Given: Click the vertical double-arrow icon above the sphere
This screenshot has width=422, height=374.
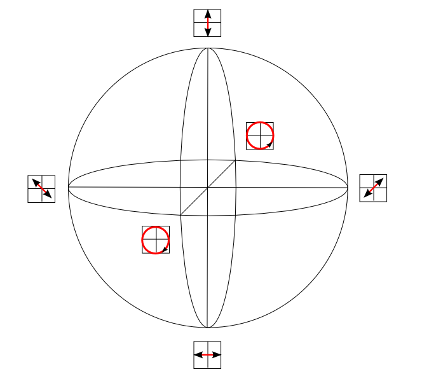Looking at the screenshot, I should (208, 23).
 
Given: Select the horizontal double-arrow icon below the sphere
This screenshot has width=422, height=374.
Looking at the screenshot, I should (208, 354).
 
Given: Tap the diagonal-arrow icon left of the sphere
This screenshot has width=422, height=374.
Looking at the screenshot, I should (41, 189).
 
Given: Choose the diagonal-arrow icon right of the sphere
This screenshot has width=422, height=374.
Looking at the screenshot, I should (373, 188).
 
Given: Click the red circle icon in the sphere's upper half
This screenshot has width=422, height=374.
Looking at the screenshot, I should (260, 135).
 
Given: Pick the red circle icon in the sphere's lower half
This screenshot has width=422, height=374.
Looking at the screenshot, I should (156, 240).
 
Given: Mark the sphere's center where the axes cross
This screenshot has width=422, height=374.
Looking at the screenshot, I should (208, 188).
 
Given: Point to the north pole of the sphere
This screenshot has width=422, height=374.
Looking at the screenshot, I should (208, 48).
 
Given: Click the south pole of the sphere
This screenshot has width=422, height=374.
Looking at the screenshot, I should (208, 328).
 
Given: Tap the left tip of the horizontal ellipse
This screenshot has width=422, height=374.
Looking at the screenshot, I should (68, 188).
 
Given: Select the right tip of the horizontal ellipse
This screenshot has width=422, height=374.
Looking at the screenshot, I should (348, 188).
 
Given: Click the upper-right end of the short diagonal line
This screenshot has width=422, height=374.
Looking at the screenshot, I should (236, 160).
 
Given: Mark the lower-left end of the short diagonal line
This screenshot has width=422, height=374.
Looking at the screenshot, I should (180, 215).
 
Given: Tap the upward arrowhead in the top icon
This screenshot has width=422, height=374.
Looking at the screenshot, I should (208, 14).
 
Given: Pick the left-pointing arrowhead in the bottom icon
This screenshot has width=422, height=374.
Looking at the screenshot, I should (198, 354).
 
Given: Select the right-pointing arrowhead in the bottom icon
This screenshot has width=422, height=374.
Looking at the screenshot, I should (217, 354).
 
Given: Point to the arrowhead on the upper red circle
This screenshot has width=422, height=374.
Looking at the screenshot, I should (270, 145).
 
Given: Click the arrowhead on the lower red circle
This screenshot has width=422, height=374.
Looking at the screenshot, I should (165, 249).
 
